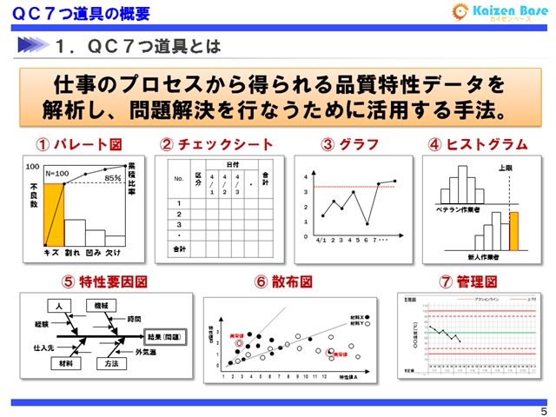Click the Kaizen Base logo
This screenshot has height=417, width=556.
click(499, 13)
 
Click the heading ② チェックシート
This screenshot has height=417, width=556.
click(216, 144)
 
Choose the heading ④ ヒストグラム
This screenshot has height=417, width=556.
click(477, 144)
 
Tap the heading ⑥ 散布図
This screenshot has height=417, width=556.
click(283, 281)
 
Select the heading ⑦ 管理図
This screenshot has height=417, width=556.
click(467, 281)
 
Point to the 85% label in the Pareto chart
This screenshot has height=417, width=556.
click(112, 178)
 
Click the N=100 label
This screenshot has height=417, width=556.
click(59, 174)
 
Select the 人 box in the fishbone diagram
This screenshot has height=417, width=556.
click(59, 306)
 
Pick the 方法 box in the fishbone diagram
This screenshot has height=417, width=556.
click(110, 364)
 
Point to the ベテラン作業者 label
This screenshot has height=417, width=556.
click(459, 209)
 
